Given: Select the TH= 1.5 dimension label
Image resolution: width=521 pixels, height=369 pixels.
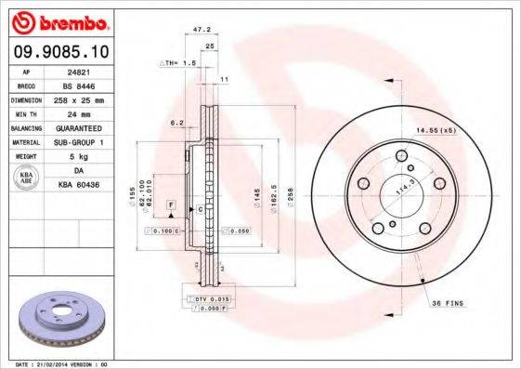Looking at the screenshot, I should point(178,62).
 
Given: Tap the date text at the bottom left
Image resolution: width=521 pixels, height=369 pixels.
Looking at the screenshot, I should point(57,363).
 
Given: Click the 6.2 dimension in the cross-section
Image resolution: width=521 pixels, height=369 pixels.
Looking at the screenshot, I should point(175,122).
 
